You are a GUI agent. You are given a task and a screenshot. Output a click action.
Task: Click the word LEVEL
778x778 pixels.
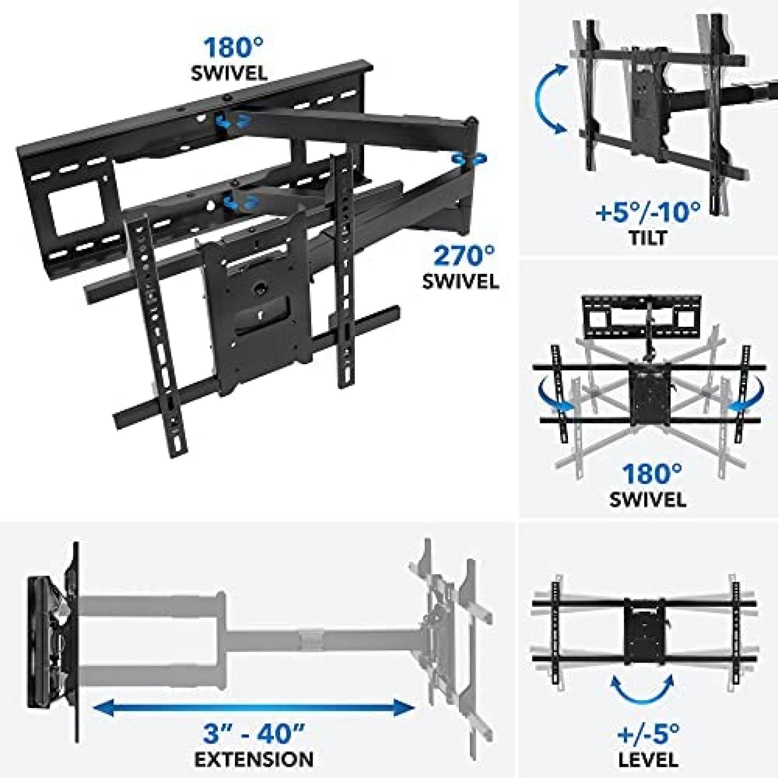649,759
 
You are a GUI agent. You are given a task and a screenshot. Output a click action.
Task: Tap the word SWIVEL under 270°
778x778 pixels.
460,282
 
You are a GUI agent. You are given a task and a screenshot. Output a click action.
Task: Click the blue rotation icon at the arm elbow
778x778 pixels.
468,159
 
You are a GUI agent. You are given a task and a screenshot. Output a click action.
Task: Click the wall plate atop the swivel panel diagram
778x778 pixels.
642,320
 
